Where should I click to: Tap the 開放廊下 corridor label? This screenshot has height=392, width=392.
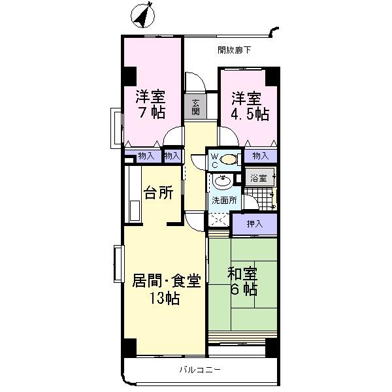click(x=234, y=50)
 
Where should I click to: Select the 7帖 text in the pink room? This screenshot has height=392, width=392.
click(x=150, y=112)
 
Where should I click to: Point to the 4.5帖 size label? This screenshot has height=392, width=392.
click(x=248, y=114)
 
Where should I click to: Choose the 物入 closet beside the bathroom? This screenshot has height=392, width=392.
click(x=260, y=155)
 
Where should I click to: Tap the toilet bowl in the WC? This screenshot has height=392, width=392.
click(x=229, y=159)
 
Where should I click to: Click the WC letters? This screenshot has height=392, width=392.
click(x=214, y=159)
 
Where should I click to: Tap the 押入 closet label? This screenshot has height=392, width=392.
click(x=255, y=223)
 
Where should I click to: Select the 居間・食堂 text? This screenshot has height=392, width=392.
click(x=166, y=282)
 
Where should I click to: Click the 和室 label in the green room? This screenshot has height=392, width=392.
click(x=242, y=273)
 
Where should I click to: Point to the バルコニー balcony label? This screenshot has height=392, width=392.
click(x=201, y=370)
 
